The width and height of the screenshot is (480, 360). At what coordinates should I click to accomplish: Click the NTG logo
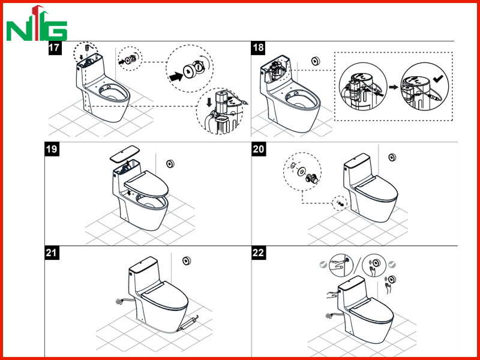point(37,23)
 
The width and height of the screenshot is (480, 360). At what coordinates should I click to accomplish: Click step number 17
point(55,49)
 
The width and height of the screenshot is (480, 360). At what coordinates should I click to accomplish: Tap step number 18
point(258,49)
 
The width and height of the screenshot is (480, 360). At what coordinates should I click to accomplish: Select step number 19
point(52,149)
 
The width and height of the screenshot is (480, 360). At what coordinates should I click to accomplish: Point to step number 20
point(259,149)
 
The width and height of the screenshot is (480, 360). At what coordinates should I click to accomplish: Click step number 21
point(52,253)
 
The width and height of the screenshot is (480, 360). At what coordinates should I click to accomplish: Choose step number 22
point(259,253)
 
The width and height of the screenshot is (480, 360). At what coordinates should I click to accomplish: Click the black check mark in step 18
point(438,79)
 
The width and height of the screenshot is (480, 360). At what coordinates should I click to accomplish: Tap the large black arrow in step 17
point(176,76)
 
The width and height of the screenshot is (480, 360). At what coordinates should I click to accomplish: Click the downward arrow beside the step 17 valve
point(209,102)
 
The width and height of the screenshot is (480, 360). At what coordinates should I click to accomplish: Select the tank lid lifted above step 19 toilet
point(125,154)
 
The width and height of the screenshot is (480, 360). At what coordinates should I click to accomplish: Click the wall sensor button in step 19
point(170,164)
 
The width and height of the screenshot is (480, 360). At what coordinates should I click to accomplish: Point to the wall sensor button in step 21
point(187,261)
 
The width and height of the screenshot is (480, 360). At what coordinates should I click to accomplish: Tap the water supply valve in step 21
point(119,302)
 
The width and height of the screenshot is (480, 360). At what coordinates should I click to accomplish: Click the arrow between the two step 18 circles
point(394,87)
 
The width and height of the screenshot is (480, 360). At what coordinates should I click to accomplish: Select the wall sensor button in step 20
point(392,157)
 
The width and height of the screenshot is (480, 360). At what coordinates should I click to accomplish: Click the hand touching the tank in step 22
point(332,295)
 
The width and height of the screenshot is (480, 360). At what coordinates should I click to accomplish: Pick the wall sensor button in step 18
point(316,61)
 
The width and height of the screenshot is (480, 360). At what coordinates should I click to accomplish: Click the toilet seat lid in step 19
point(146,184)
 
